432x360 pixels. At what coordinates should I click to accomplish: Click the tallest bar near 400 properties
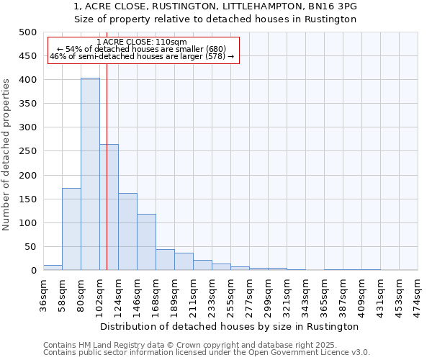click(90, 174)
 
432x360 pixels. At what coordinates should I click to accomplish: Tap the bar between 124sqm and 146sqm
click(127, 232)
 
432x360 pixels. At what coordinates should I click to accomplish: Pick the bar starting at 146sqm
click(146, 242)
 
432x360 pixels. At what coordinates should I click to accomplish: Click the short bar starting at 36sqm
click(53, 268)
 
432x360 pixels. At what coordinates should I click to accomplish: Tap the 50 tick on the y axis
click(31, 247)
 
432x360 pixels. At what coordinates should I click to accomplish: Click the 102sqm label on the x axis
click(100, 294)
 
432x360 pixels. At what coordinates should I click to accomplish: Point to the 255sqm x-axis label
click(231, 294)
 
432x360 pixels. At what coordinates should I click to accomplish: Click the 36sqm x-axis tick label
click(44, 294)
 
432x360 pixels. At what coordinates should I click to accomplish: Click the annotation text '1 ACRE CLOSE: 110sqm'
click(141, 42)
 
